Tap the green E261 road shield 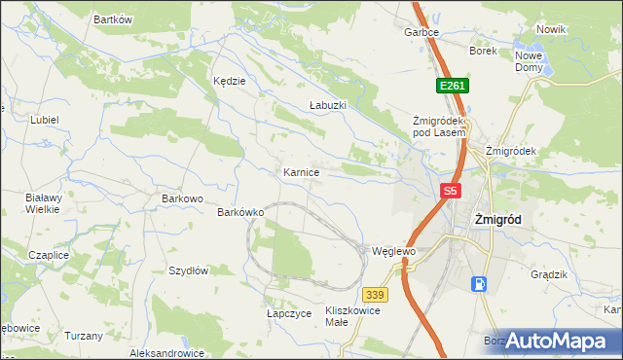tap(452, 86)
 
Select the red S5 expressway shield tap(449, 192)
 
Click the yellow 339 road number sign tap(376, 293)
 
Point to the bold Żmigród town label tap(496, 220)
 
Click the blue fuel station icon tap(479, 283)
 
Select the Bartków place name tap(112, 19)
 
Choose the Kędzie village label tap(230, 82)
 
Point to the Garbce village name tap(421, 32)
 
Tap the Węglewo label tap(393, 251)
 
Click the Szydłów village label tap(189, 271)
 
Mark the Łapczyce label tap(289, 313)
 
